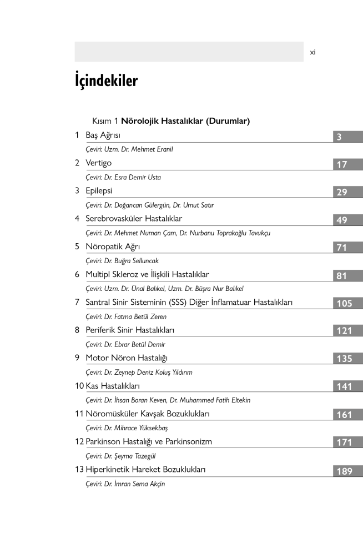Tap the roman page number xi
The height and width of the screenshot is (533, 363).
tap(313, 52)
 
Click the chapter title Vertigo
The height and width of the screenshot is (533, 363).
tap(98, 163)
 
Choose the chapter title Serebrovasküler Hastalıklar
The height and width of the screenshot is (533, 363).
tap(134, 219)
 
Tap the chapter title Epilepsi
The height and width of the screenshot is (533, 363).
tap(99, 191)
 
